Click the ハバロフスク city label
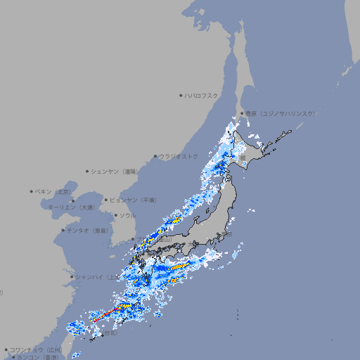click(201, 96)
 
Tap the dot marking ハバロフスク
click(181, 96)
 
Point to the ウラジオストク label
click(179, 156)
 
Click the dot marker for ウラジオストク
click(155, 157)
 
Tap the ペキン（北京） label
click(53, 191)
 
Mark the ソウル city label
click(127, 215)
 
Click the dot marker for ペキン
click(32, 191)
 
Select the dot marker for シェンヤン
click(87, 172)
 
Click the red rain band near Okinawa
click(107, 314)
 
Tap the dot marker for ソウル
click(115, 215)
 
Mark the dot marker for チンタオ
click(63, 230)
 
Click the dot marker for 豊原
click(241, 113)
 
